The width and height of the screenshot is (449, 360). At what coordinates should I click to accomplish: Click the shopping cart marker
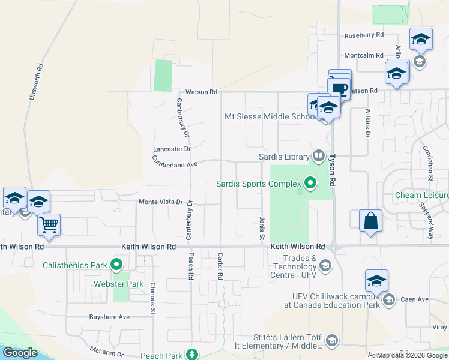pos(49,225)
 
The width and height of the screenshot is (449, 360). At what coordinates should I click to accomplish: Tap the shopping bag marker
pos(370,220)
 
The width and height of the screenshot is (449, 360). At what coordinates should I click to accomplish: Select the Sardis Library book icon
pos(318,157)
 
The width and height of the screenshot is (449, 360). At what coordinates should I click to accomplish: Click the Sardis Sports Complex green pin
pos(310,182)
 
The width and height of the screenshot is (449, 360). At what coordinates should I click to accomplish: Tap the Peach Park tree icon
pos(191,355)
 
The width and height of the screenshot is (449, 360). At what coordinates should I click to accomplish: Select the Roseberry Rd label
pos(364,36)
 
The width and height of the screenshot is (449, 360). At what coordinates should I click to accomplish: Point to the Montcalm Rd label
pos(364,55)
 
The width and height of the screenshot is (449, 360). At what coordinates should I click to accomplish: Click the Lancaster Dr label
pos(172,148)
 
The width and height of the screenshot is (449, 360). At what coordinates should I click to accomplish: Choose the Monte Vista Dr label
pos(160,202)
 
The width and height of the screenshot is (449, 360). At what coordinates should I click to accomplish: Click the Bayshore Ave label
pos(109,317)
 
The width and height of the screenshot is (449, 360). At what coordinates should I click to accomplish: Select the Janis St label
pos(262,228)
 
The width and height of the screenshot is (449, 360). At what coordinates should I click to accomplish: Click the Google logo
pos(20,353)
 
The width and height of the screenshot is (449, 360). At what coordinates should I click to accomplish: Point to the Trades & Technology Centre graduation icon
pos(325,265)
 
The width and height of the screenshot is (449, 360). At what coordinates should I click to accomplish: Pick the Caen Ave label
pos(414,299)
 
